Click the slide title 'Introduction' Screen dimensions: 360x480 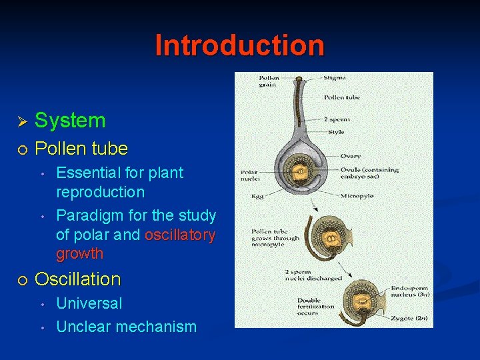[240, 45]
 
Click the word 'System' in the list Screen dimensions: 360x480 [70, 121]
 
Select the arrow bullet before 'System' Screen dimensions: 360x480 [21, 121]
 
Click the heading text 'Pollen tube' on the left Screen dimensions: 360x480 [81, 148]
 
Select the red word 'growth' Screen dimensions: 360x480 [79, 253]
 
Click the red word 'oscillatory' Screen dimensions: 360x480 [180, 235]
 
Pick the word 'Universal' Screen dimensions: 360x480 [89, 303]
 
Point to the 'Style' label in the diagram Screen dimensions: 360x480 [336, 132]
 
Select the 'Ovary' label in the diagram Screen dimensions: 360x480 [351, 156]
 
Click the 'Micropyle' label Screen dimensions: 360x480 [357, 196]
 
